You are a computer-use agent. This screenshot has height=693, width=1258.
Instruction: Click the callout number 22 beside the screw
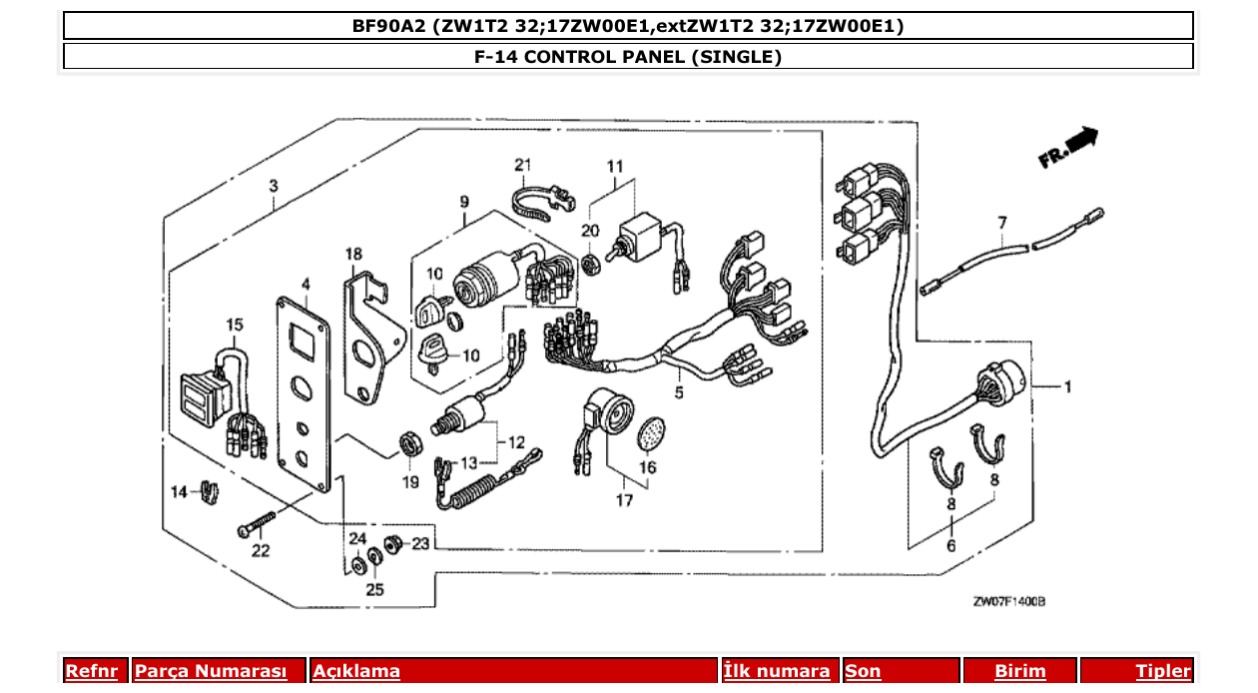(261, 550)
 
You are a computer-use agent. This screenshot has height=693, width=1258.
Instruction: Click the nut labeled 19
(408, 442)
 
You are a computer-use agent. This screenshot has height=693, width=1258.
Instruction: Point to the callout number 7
(1002, 221)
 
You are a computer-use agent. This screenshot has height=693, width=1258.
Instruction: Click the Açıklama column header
(356, 671)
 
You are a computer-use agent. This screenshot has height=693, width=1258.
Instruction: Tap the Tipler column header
(1162, 671)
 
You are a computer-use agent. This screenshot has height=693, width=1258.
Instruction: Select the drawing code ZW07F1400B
(1008, 601)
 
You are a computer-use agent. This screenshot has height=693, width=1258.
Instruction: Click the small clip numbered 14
(208, 492)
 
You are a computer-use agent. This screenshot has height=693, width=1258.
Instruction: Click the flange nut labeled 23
(392, 544)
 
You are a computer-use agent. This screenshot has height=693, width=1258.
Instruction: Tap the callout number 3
(274, 186)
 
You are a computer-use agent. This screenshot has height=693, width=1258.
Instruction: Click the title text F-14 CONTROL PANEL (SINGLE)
(628, 57)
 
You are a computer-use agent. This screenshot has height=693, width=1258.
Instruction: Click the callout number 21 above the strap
(525, 164)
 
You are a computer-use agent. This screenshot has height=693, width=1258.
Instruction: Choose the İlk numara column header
(777, 671)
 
